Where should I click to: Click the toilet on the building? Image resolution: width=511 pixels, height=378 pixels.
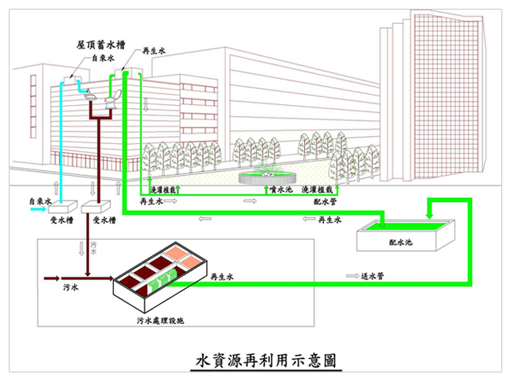pyautogui.click(x=114, y=100)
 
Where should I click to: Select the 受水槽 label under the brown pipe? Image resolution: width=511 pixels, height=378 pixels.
pyautogui.click(x=105, y=219)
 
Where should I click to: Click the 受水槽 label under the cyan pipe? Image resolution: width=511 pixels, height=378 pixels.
pyautogui.click(x=62, y=219)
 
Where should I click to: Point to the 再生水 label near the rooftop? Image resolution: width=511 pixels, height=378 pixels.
pyautogui.click(x=154, y=52)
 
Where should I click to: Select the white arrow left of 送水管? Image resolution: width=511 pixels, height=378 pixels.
pyautogui.click(x=352, y=276)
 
